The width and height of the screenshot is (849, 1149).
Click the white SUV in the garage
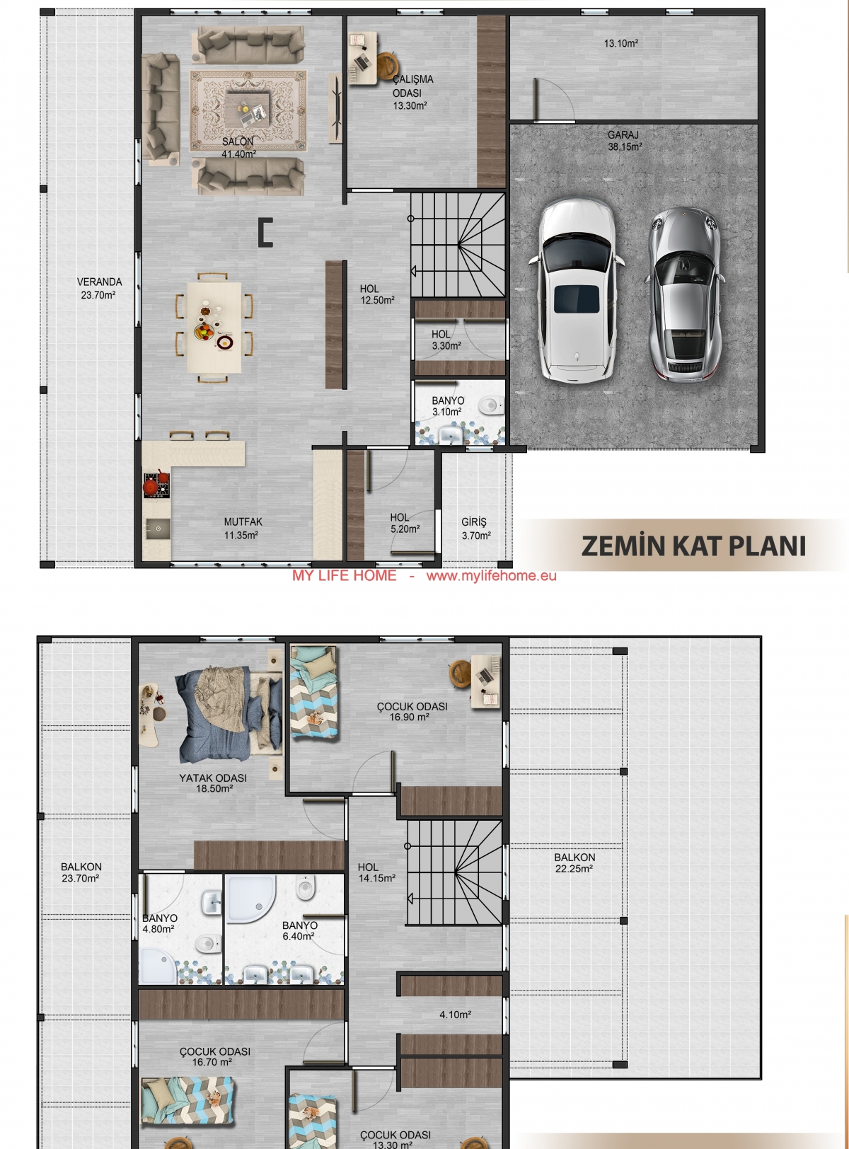[576, 291]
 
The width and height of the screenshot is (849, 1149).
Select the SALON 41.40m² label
[238, 148]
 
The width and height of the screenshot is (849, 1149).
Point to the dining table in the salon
[214, 327]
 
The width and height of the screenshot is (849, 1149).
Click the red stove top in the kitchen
[156, 484]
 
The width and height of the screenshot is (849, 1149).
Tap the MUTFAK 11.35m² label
[242, 529]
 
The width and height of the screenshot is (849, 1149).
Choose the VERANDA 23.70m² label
[99, 289]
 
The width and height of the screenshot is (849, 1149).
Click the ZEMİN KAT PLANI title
[693, 546]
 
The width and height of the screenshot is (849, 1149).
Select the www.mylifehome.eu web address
[491, 576]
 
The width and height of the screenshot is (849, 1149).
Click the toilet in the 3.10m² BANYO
[491, 405]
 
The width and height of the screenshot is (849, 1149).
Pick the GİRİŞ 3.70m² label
[476, 529]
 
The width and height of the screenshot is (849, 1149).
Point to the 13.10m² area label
[621, 44]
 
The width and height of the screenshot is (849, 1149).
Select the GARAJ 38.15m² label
[625, 141]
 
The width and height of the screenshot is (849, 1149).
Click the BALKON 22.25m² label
[574, 863]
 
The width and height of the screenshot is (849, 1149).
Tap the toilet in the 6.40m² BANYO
[306, 888]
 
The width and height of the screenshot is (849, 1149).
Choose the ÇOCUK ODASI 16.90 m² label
[412, 711]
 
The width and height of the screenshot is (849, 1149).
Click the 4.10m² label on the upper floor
[456, 1015]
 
